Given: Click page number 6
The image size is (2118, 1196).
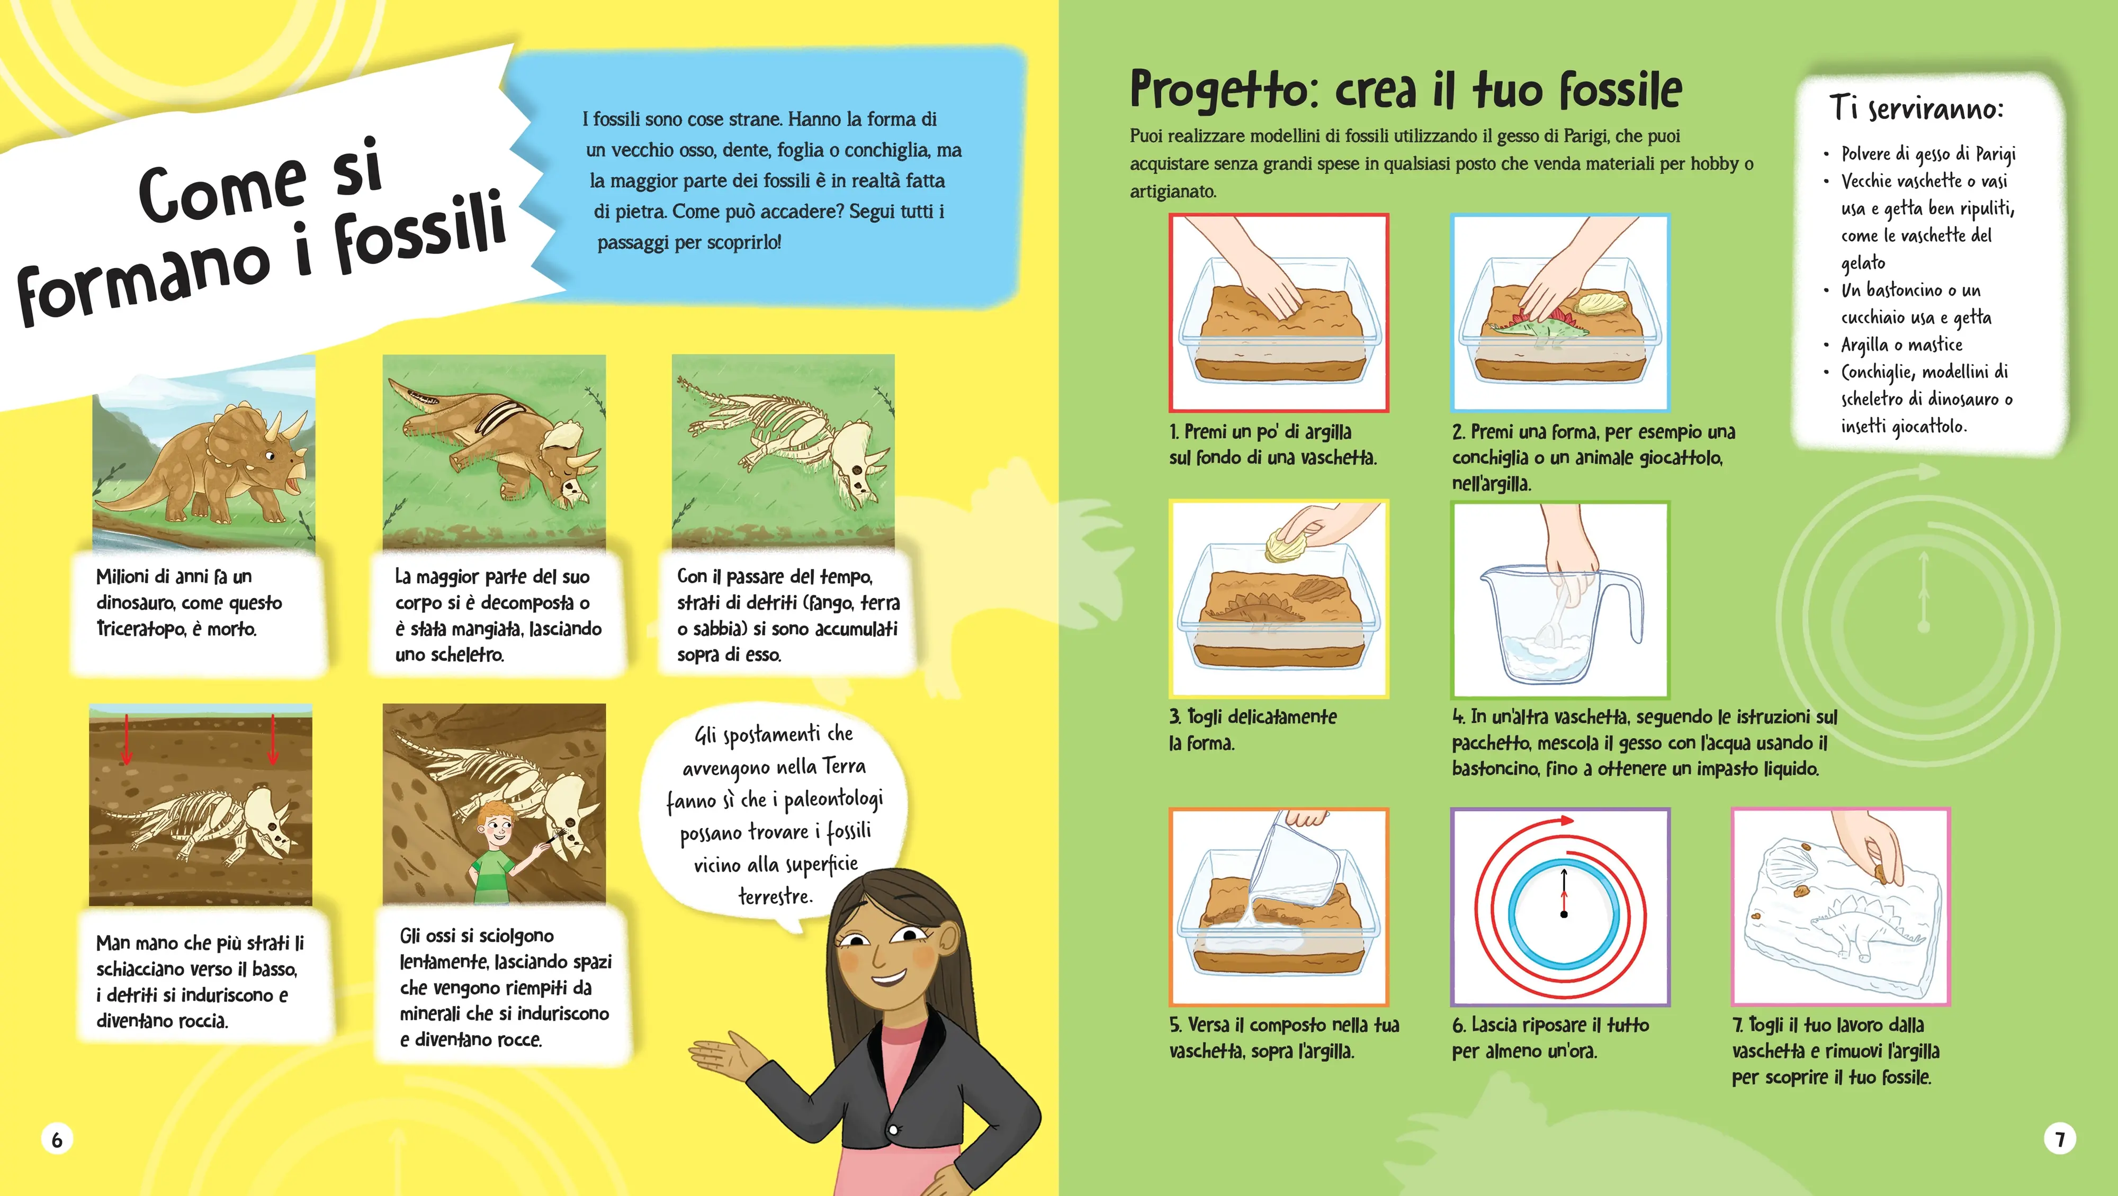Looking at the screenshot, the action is pyautogui.click(x=57, y=1139).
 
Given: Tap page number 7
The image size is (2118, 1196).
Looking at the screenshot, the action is pyautogui.click(x=2060, y=1139).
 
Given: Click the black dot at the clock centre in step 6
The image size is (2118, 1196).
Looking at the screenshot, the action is pyautogui.click(x=1564, y=914).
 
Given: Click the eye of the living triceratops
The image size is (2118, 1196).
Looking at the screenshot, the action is pyautogui.click(x=269, y=456).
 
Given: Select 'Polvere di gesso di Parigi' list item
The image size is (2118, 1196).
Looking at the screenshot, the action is pyautogui.click(x=1928, y=153).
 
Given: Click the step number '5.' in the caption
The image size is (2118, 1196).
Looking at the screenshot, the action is pyautogui.click(x=1175, y=1025).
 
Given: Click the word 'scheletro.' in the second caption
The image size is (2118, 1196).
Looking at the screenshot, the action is pyautogui.click(x=450, y=655).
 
